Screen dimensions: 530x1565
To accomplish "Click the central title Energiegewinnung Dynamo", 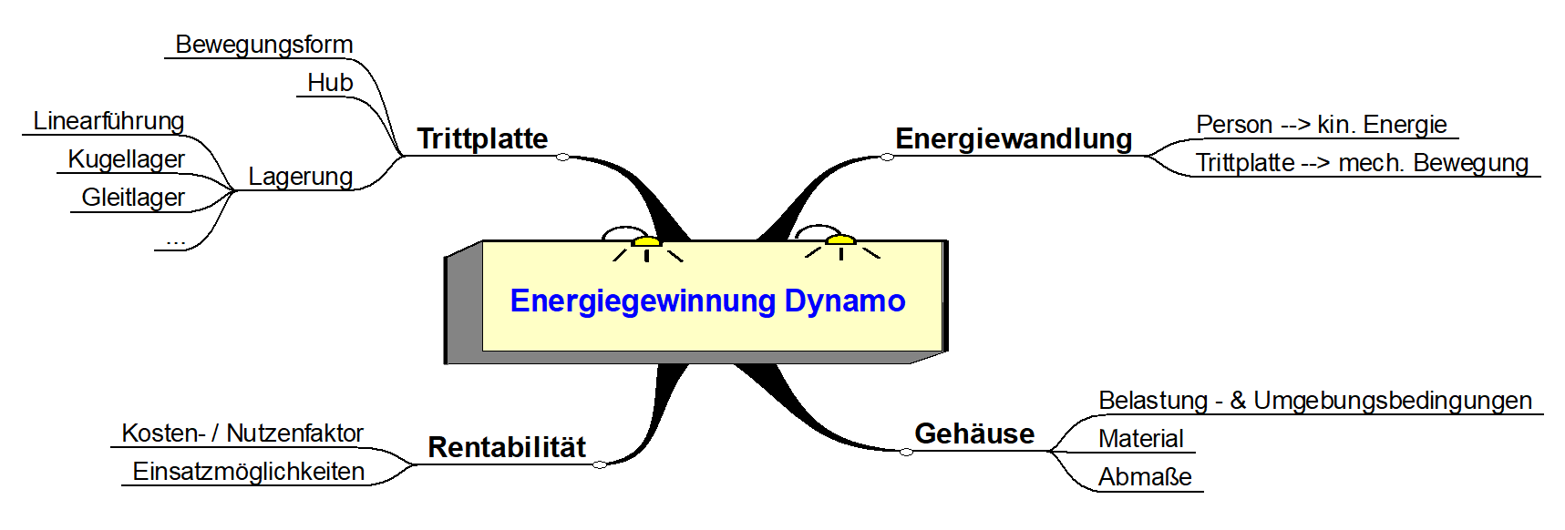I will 707,301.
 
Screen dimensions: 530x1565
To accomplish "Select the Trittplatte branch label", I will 482,138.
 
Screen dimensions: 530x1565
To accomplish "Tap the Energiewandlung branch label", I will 1014,138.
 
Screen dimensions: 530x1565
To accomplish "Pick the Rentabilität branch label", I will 507,447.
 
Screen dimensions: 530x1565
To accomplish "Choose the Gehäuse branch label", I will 974,433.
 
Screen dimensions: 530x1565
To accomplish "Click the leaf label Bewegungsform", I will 263,45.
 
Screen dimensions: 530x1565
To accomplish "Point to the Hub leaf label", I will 330,83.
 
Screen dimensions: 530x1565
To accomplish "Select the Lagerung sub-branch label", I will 300,177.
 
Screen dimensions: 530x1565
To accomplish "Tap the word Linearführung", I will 108,121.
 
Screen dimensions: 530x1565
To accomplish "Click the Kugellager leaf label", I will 126,159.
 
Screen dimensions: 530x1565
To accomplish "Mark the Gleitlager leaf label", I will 133,198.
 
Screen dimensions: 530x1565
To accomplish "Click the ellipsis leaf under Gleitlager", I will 175,240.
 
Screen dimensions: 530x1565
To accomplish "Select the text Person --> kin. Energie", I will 1321,125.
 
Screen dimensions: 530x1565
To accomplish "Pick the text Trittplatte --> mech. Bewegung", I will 1362,163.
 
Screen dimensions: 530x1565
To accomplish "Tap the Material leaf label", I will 1140,439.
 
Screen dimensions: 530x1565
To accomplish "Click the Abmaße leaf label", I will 1145,477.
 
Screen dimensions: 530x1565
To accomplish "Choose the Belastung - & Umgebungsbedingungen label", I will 1314,401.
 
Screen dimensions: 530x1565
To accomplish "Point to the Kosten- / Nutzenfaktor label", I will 242,433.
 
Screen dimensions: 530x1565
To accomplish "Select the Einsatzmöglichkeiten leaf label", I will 248,472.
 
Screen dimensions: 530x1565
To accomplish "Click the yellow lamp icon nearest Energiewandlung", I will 840,240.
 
